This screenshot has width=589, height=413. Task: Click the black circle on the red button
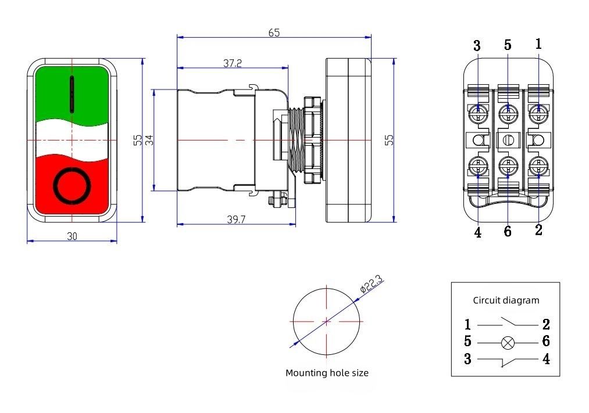point(72,186)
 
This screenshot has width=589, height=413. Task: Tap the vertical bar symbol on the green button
point(72,94)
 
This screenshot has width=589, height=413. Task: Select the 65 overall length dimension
point(274,33)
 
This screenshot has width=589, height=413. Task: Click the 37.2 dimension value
point(232,63)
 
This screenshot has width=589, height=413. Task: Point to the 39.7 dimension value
point(237,218)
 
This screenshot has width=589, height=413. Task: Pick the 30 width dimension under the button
point(72,236)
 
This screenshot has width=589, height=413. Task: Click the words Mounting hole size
point(327,373)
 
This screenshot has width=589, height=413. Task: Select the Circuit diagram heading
point(506,300)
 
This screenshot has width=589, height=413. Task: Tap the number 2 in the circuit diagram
point(546,324)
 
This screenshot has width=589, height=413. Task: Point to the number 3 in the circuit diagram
point(467,359)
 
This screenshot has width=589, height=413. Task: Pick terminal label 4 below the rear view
point(477,232)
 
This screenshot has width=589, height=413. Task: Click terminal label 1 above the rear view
point(538,44)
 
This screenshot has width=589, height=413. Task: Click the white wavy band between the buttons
point(72,139)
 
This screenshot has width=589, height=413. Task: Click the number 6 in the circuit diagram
point(546,342)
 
